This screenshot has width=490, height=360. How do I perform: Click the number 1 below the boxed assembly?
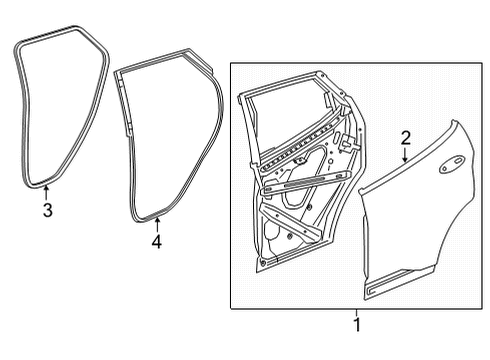[x=357, y=324]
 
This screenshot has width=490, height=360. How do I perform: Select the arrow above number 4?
[x=156, y=223]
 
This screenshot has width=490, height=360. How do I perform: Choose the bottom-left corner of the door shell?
[x=258, y=265]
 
